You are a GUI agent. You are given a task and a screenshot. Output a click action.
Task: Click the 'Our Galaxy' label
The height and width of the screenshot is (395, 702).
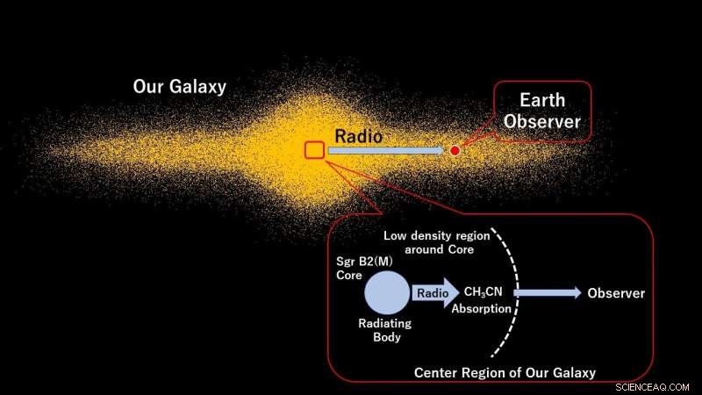point(180,87)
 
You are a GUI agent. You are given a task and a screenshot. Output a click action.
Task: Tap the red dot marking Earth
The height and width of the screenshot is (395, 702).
point(455,151)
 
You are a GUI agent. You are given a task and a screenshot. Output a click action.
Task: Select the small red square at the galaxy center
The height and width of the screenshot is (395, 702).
point(314,150)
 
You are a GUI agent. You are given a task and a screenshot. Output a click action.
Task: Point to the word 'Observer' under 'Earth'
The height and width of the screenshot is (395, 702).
point(541,122)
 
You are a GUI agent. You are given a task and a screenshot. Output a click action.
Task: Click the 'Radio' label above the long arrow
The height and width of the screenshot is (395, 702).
point(356,135)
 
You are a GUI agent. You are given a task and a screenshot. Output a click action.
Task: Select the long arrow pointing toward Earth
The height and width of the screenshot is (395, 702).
point(386,151)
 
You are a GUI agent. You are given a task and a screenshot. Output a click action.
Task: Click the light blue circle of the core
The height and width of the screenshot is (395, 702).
point(386,293)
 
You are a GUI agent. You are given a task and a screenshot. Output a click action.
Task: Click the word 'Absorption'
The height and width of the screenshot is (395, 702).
point(481,309)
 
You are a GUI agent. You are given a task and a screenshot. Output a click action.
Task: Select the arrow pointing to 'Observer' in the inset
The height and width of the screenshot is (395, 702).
point(548,293)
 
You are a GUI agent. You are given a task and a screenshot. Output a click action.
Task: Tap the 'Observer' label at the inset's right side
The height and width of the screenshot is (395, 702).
point(616,293)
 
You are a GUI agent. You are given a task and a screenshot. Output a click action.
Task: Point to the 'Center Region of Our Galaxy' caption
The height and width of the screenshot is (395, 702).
point(505,373)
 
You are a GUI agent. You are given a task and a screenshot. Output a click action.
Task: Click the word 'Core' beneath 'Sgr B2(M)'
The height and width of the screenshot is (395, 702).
point(349,276)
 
